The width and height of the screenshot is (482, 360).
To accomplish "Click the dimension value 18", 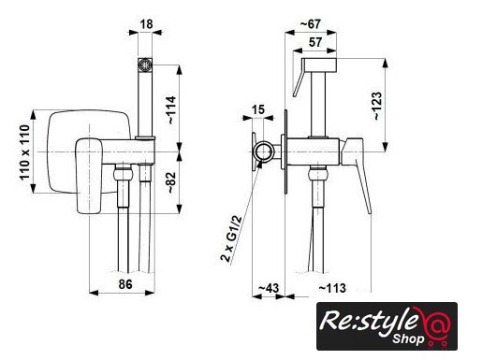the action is coord(146,24).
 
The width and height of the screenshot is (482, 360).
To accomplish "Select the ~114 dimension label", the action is coord(171,110).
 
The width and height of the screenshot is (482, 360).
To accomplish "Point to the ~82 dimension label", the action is coord(171,182).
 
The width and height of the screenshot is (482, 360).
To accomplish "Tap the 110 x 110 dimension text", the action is coord(25,152).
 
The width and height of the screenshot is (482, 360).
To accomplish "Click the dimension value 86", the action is coord(125,284).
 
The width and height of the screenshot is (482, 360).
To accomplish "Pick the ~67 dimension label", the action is coord(311,24).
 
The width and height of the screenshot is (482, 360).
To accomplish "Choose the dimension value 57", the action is coord(315,42).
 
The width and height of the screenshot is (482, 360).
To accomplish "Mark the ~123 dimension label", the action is coord(377,106).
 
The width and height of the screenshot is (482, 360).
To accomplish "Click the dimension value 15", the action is coord(257,109).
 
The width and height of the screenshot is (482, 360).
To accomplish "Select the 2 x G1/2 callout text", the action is coord(231,238).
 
